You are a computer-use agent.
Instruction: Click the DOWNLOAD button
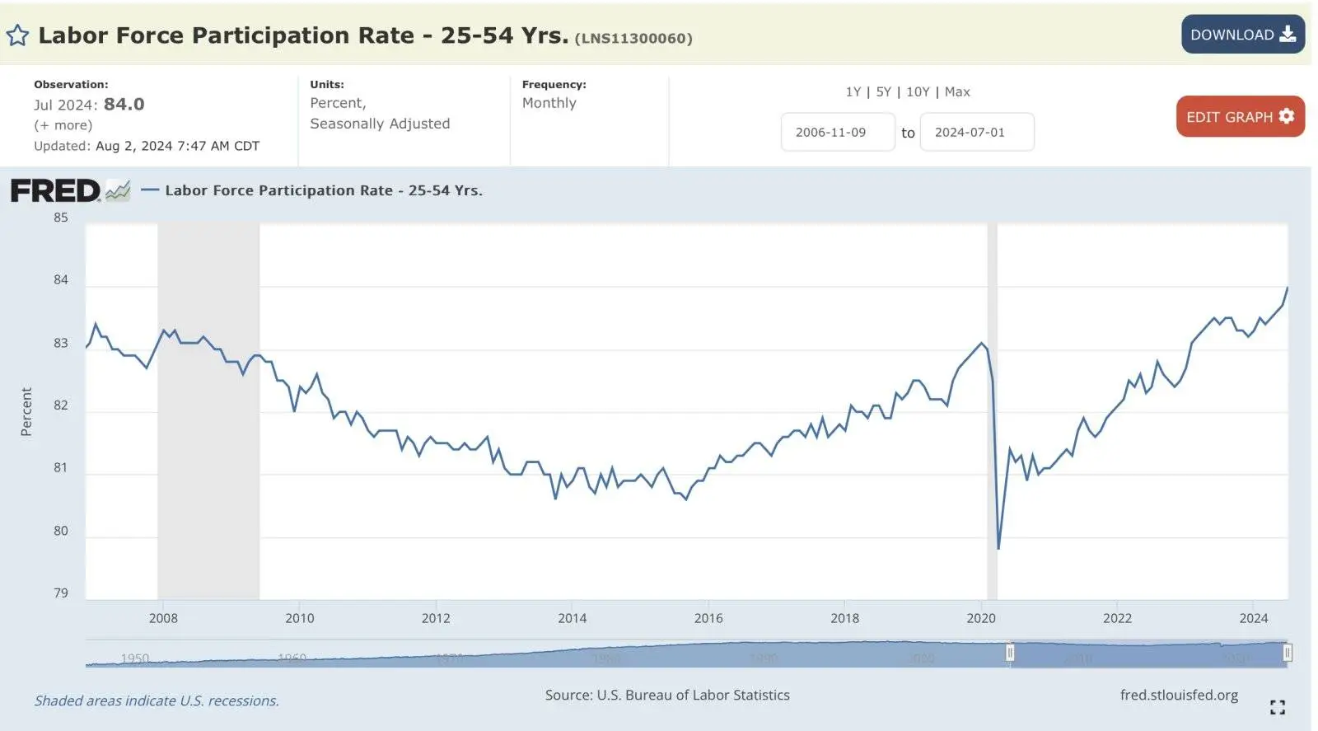click(x=1242, y=35)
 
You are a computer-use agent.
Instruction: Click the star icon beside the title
click(x=17, y=35)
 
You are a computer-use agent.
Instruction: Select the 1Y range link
click(x=853, y=91)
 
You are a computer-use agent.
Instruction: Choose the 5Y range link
click(x=883, y=91)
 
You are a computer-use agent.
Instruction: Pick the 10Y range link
click(x=918, y=91)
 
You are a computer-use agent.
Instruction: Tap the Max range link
click(x=957, y=91)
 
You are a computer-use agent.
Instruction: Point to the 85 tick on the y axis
click(x=61, y=218)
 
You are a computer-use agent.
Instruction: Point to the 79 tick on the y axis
click(x=61, y=593)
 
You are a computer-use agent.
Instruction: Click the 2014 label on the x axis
click(x=573, y=618)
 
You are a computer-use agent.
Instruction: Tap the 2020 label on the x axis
click(x=981, y=618)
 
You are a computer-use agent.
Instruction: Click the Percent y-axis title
click(x=26, y=411)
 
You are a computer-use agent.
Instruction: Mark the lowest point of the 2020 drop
click(x=998, y=548)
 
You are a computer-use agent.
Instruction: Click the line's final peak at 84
click(x=1287, y=288)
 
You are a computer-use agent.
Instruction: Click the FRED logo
click(x=56, y=191)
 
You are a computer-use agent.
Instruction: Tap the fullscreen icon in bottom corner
click(x=1278, y=707)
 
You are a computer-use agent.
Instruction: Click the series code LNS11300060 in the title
click(x=633, y=39)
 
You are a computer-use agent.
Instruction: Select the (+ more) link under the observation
click(x=63, y=125)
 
